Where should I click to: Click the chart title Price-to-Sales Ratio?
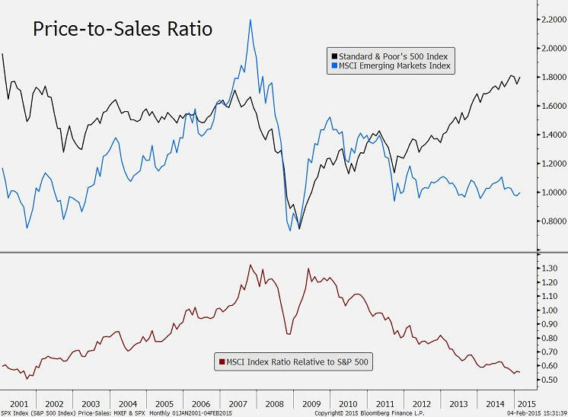tap(122, 30)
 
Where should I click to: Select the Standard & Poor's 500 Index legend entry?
tap(393, 56)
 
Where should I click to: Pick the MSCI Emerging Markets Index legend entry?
tap(393, 66)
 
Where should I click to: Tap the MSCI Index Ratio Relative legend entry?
tap(294, 362)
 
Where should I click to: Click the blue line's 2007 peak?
tap(250, 20)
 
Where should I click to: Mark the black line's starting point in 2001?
tap(3, 53)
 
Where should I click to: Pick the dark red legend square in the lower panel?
tap(222, 362)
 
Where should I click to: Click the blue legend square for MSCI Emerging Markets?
tap(333, 66)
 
